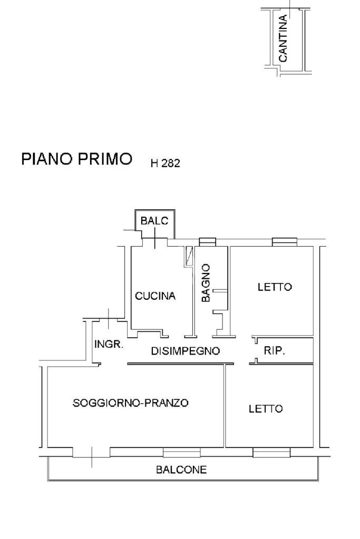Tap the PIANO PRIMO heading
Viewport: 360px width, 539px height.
pyautogui.click(x=76, y=159)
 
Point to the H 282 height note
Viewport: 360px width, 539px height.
pyautogui.click(x=166, y=164)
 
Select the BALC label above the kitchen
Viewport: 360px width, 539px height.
pyautogui.click(x=154, y=221)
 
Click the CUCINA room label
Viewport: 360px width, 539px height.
pyautogui.click(x=155, y=296)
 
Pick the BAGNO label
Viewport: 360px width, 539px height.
pyautogui.click(x=206, y=282)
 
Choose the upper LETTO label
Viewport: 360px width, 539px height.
pyautogui.click(x=275, y=287)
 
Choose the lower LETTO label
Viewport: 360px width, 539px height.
pyautogui.click(x=266, y=408)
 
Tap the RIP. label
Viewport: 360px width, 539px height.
pyautogui.click(x=274, y=350)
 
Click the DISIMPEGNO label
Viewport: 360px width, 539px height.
pyautogui.click(x=185, y=351)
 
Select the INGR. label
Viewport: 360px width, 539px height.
pyautogui.click(x=109, y=345)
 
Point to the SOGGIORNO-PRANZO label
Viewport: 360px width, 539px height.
pyautogui.click(x=131, y=403)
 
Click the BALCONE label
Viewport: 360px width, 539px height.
pyautogui.click(x=181, y=470)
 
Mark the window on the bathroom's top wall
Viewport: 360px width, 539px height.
pyautogui.click(x=208, y=241)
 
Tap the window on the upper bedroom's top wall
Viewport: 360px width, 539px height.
pyautogui.click(x=284, y=241)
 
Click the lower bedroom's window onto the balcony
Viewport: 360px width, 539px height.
pyautogui.click(x=271, y=453)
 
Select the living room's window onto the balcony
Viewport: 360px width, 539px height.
pyautogui.click(x=181, y=453)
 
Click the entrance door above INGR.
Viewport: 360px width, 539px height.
pyautogui.click(x=108, y=319)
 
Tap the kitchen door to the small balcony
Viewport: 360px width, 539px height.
pyautogui.click(x=154, y=241)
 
